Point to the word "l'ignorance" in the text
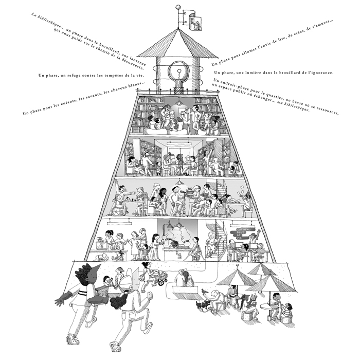pos(318,73)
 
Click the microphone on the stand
pos(180,194)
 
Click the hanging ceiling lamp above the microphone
pos(180,183)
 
